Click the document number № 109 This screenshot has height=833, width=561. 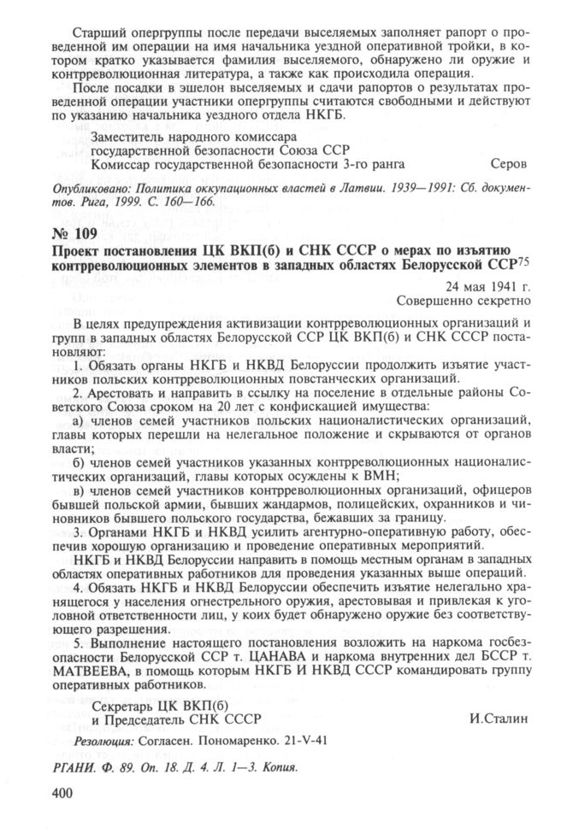click(x=75, y=232)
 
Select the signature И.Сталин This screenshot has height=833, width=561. click(x=499, y=717)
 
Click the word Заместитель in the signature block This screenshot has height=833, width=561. click(x=130, y=135)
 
